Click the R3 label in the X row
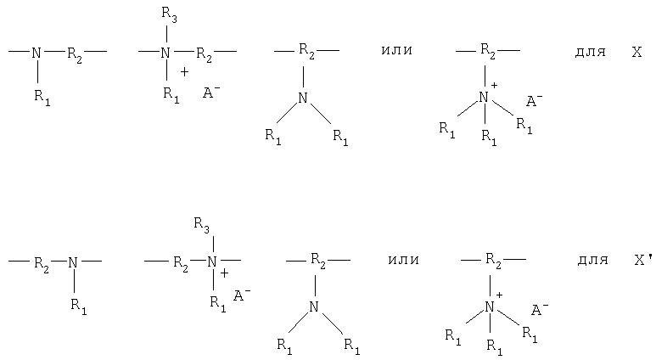[169, 15]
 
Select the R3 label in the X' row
[201, 225]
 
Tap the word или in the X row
[396, 50]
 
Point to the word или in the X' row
[403, 260]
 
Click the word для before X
[591, 52]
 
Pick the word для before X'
[593, 260]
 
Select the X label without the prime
[636, 52]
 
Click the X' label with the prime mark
[643, 260]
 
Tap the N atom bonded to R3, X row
[165, 53]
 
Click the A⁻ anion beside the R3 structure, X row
[211, 92]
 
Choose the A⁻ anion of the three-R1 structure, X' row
[540, 309]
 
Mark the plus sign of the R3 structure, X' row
[225, 273]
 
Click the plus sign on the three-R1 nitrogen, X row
[494, 86]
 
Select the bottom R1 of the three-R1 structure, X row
[489, 138]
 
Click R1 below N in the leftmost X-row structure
[42, 98]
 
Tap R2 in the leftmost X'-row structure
[42, 265]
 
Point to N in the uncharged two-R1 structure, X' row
[314, 307]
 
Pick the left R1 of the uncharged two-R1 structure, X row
[273, 137]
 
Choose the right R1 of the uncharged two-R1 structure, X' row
[352, 346]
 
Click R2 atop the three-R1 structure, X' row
[493, 262]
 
